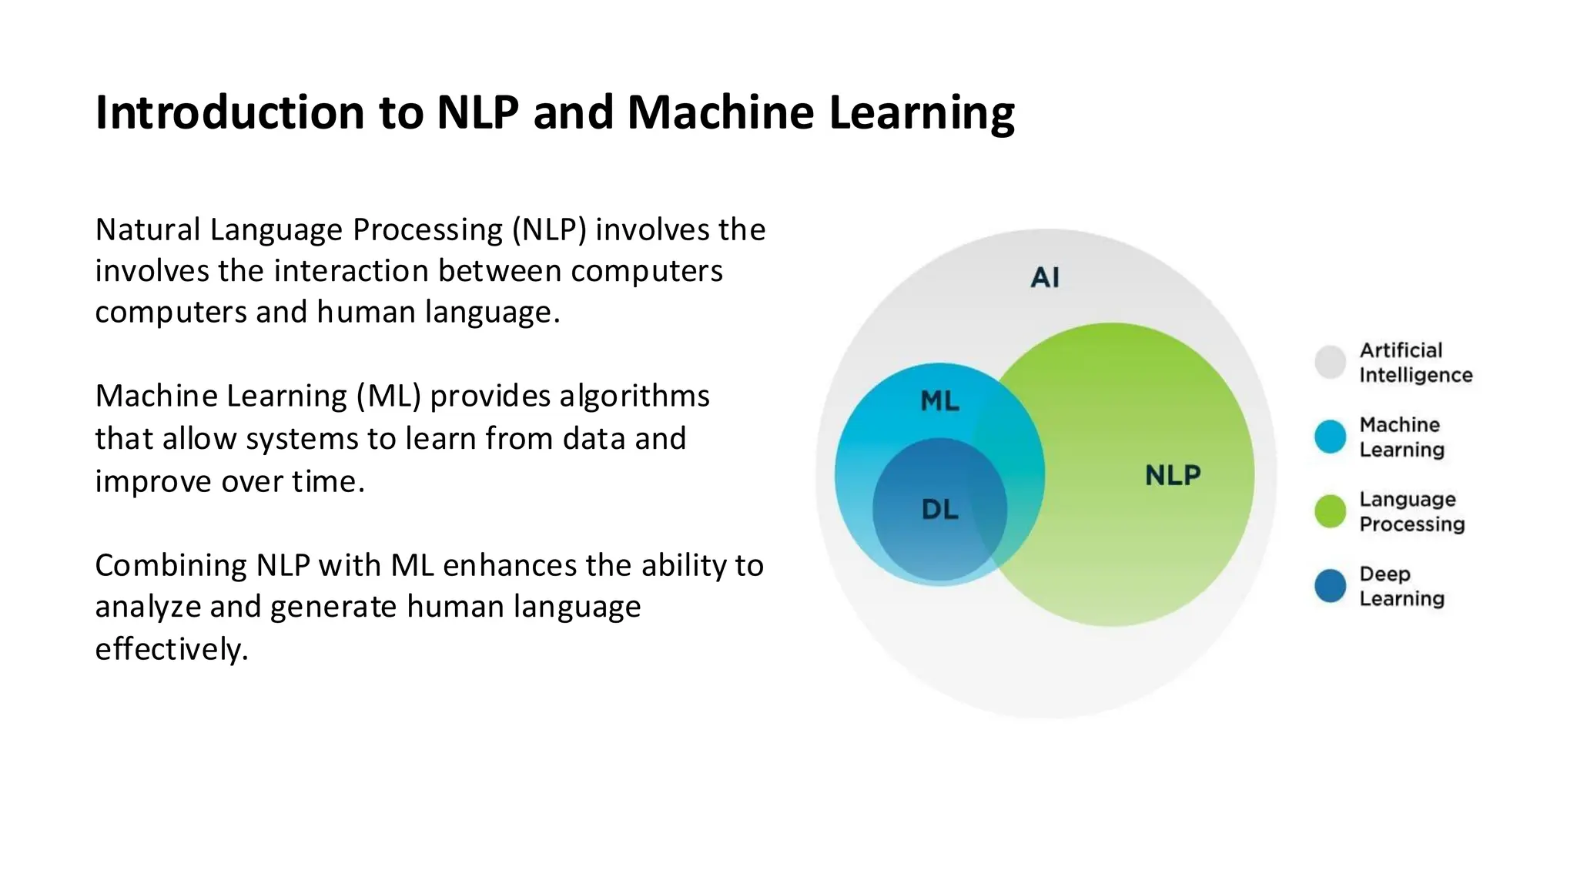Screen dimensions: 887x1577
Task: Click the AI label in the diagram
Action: point(1045,277)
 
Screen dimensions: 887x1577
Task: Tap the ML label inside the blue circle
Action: point(939,400)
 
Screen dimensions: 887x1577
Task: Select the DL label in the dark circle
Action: point(939,509)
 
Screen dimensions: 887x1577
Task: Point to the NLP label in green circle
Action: point(1172,475)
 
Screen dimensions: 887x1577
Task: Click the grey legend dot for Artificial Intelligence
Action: point(1330,362)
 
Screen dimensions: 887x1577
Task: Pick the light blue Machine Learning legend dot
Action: point(1330,437)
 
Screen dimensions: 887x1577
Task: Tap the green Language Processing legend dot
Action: point(1330,511)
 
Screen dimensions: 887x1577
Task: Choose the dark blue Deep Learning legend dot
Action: point(1330,586)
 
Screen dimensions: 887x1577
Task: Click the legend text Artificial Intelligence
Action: point(1415,363)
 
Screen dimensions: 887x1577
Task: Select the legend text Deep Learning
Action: point(1401,586)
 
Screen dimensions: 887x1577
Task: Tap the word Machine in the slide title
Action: point(720,112)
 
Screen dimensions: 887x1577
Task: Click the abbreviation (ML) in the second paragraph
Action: point(388,397)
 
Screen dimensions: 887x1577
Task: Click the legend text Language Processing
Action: point(1411,511)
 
